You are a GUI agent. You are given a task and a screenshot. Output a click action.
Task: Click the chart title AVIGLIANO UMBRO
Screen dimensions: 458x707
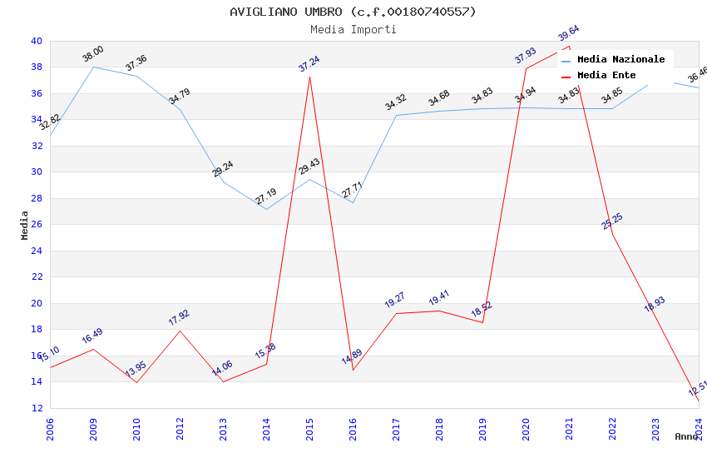353,12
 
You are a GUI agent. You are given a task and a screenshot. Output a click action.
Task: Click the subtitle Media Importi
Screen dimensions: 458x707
353,30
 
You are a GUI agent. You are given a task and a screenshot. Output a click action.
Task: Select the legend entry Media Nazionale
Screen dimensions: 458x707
620,60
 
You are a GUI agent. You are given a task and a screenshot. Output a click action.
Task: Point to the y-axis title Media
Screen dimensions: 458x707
25,225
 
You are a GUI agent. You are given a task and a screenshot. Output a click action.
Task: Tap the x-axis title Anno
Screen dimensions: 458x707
686,436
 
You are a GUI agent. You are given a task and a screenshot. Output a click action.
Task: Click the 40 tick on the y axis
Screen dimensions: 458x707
36,41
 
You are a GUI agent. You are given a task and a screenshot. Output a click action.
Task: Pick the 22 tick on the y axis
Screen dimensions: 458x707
36,277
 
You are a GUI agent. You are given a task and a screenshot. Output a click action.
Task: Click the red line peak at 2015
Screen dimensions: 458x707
309,77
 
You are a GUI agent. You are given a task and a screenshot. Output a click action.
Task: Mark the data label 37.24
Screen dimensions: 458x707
309,64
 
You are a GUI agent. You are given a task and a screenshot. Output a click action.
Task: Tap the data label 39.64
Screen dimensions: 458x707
569,34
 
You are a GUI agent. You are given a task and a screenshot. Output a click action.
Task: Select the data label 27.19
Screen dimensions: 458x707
266,197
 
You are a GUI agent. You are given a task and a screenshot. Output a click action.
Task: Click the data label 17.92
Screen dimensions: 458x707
179,317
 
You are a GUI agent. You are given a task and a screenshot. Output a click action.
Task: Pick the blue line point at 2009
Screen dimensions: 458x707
93,67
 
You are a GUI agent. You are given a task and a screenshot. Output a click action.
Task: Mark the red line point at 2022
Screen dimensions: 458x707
612,234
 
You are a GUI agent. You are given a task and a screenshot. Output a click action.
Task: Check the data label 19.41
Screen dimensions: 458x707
439,298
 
